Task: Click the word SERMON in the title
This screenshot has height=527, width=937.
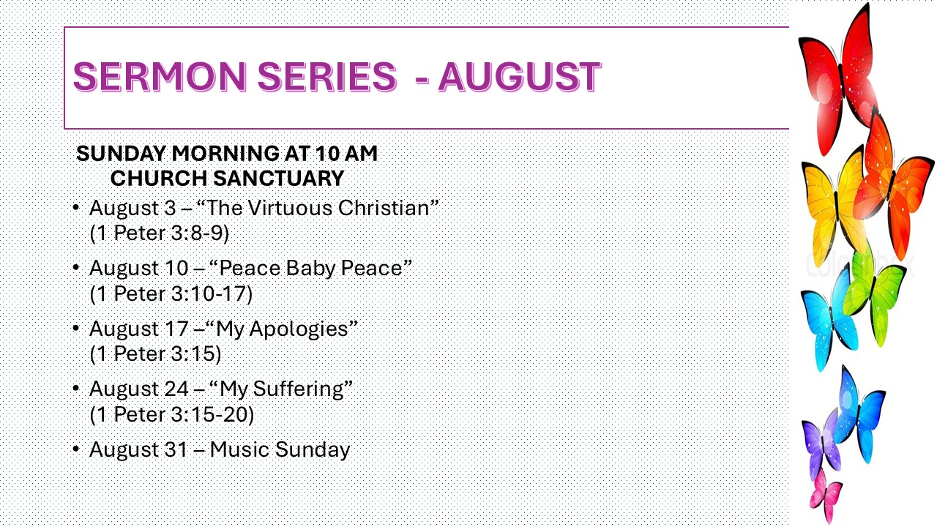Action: [160, 77]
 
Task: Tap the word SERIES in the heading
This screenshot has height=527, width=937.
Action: [327, 77]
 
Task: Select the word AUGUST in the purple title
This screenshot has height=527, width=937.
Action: [520, 77]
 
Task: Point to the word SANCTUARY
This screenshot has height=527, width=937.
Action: [279, 179]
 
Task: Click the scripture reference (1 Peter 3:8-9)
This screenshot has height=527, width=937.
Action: [160, 233]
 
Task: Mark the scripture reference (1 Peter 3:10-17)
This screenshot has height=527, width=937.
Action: [171, 294]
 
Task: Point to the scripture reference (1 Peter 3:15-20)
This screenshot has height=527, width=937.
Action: [171, 414]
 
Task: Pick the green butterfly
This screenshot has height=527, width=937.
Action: [874, 293]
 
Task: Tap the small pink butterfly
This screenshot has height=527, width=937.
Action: [826, 496]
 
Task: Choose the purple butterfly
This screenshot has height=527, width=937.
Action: [821, 444]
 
